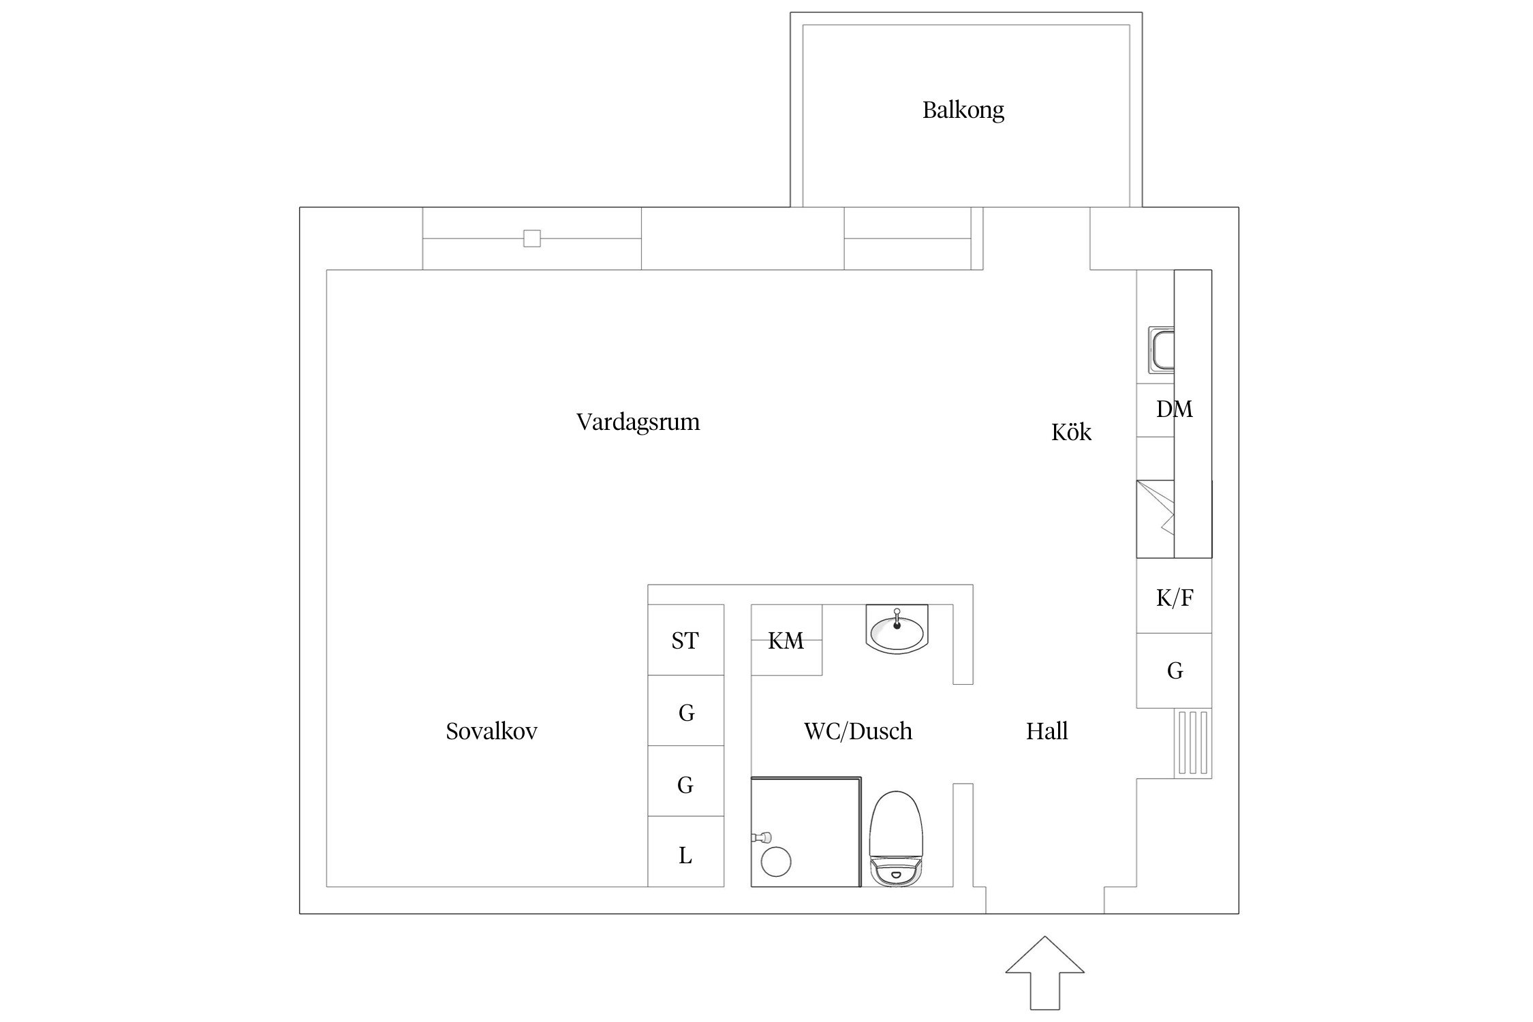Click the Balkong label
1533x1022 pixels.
[x=963, y=110]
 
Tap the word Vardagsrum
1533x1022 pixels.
[x=638, y=422]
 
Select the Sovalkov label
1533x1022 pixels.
[x=491, y=732]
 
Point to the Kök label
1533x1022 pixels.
[x=1071, y=433]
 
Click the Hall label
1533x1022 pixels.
[x=1047, y=732]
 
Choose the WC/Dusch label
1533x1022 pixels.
[x=858, y=732]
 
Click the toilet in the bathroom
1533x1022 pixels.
[x=896, y=839]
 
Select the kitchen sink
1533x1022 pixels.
[x=1161, y=350]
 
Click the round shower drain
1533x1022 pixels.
[x=775, y=861]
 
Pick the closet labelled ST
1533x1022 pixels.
[x=685, y=640]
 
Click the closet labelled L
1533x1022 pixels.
[x=685, y=856]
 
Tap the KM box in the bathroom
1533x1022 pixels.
[x=786, y=640]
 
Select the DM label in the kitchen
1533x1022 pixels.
[x=1174, y=409]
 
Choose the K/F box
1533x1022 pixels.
[x=1174, y=598]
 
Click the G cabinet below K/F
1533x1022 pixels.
[x=1174, y=671]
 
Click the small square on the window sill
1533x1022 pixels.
[x=532, y=238]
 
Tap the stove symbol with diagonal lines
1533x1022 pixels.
[x=1156, y=519]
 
